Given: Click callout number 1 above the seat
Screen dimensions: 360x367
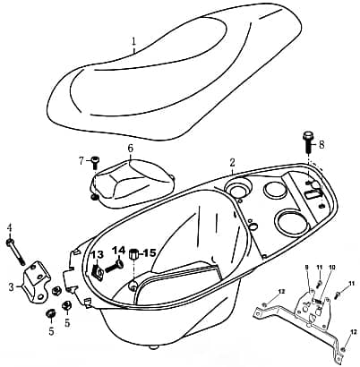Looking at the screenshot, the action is point(134,41).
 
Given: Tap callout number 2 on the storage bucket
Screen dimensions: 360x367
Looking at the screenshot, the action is point(232,163).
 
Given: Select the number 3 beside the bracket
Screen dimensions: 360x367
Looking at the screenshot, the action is point(12,287).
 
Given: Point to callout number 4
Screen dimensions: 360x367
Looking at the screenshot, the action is point(10,228).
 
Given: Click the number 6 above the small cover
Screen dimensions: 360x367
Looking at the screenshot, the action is point(131,149).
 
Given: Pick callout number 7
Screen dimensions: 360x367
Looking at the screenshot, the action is point(81,161).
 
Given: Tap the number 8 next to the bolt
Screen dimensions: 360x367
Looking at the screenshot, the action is point(321,145).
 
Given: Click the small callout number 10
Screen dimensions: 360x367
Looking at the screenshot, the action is point(330,268).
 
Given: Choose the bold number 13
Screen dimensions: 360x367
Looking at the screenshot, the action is point(97,255).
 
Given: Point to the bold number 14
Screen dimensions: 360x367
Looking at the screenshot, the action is point(118,251).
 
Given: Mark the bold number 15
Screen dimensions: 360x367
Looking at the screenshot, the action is point(150,253).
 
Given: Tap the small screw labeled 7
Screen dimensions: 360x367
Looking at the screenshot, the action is point(95,162).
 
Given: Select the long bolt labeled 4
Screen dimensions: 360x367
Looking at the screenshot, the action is point(15,252).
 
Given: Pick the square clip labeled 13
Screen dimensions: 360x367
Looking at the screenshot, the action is point(97,269).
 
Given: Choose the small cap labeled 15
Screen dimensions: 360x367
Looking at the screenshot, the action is point(133,255).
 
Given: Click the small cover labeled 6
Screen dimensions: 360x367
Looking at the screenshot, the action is point(133,183).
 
